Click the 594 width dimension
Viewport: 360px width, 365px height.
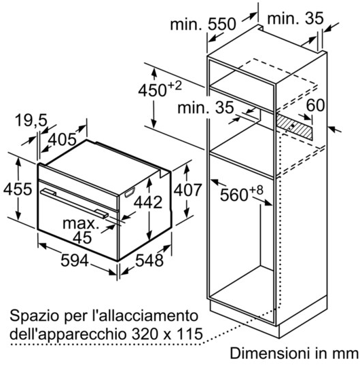click(75, 261)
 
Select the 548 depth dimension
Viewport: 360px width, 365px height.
click(149, 261)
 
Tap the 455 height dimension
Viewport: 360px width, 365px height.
click(18, 189)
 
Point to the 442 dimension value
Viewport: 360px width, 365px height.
click(148, 202)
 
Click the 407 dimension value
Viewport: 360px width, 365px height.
click(187, 190)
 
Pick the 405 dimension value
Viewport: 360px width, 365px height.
click(62, 140)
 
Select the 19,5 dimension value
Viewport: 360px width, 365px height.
click(31, 121)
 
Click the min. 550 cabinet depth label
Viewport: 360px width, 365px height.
click(203, 24)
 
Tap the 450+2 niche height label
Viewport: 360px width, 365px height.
click(160, 89)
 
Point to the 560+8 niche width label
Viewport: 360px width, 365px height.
click(242, 193)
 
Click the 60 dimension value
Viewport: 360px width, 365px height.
click(315, 105)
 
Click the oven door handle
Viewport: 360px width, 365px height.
click(74, 204)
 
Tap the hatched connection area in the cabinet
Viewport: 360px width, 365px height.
click(295, 127)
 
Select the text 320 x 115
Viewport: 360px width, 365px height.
click(167, 334)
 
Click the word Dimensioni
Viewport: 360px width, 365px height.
click(270, 353)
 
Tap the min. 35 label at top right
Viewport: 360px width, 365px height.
click(295, 18)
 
